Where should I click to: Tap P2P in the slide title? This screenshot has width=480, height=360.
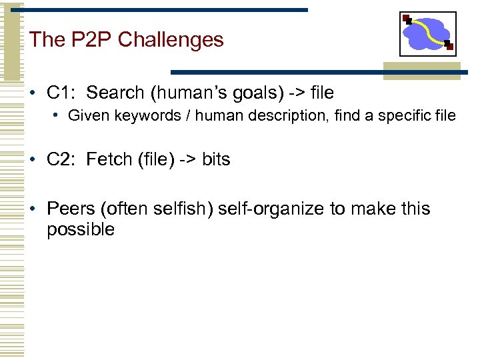pyautogui.click(x=90, y=40)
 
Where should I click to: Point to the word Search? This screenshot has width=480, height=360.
pyautogui.click(x=115, y=93)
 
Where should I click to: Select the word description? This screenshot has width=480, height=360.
pyautogui.click(x=295, y=116)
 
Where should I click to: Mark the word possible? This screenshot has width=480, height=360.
pyautogui.click(x=81, y=230)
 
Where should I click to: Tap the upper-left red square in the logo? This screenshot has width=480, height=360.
pyautogui.click(x=407, y=18)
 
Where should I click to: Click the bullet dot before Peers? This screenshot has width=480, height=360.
pyautogui.click(x=32, y=209)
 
